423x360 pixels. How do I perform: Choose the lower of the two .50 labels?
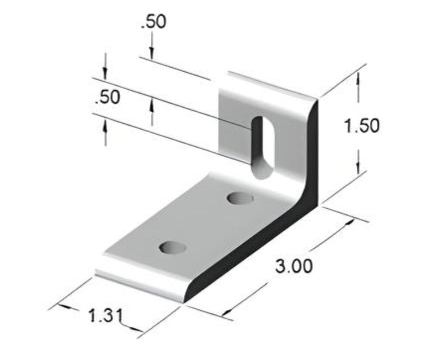[107, 97]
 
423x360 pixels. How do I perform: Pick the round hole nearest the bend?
[240, 199]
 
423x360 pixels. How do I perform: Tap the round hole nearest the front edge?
[173, 247]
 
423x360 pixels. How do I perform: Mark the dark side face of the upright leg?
[312, 152]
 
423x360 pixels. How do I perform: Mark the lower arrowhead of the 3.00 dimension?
[229, 312]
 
